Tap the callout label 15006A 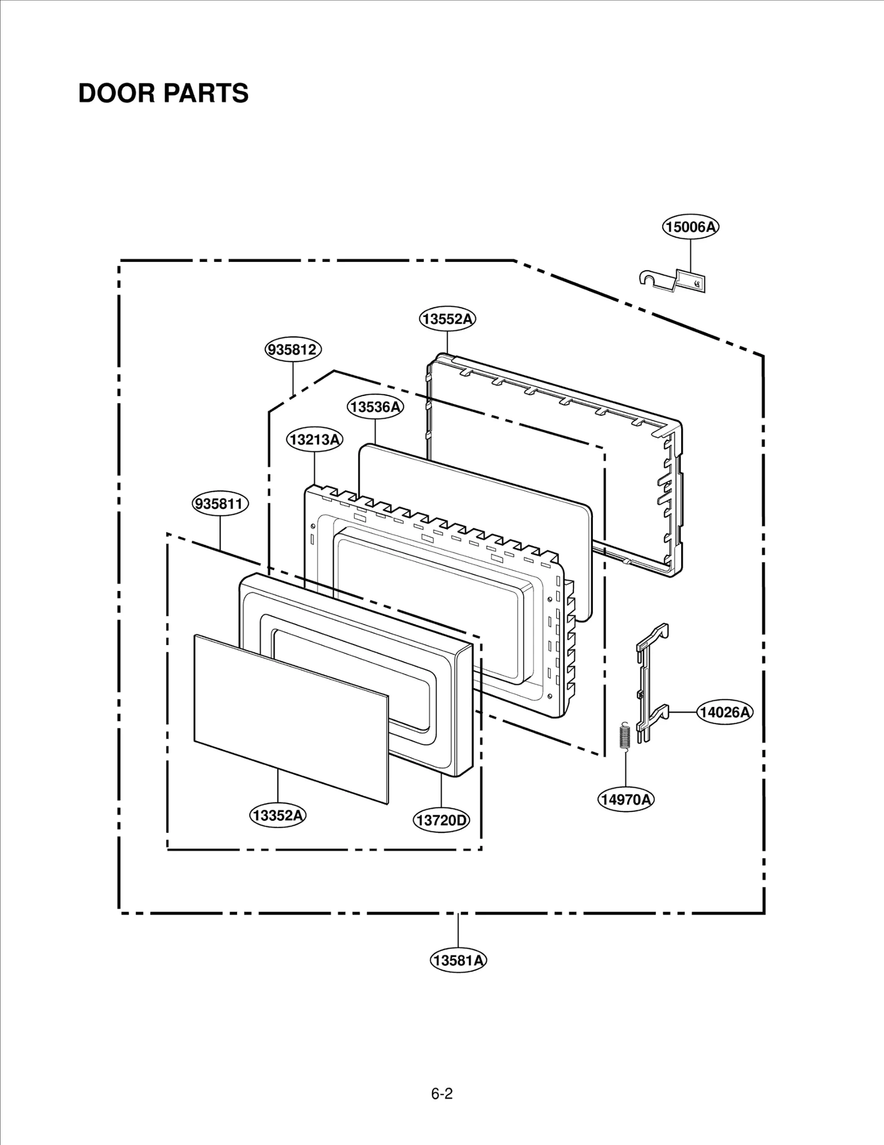point(691,226)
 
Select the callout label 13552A point(447,319)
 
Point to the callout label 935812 point(293,350)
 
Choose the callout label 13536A point(375,407)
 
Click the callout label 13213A point(314,440)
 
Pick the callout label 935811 point(220,504)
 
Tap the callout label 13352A point(277,815)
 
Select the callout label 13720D point(441,820)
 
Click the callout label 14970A point(625,799)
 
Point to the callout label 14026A point(724,713)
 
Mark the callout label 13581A point(458,961)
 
